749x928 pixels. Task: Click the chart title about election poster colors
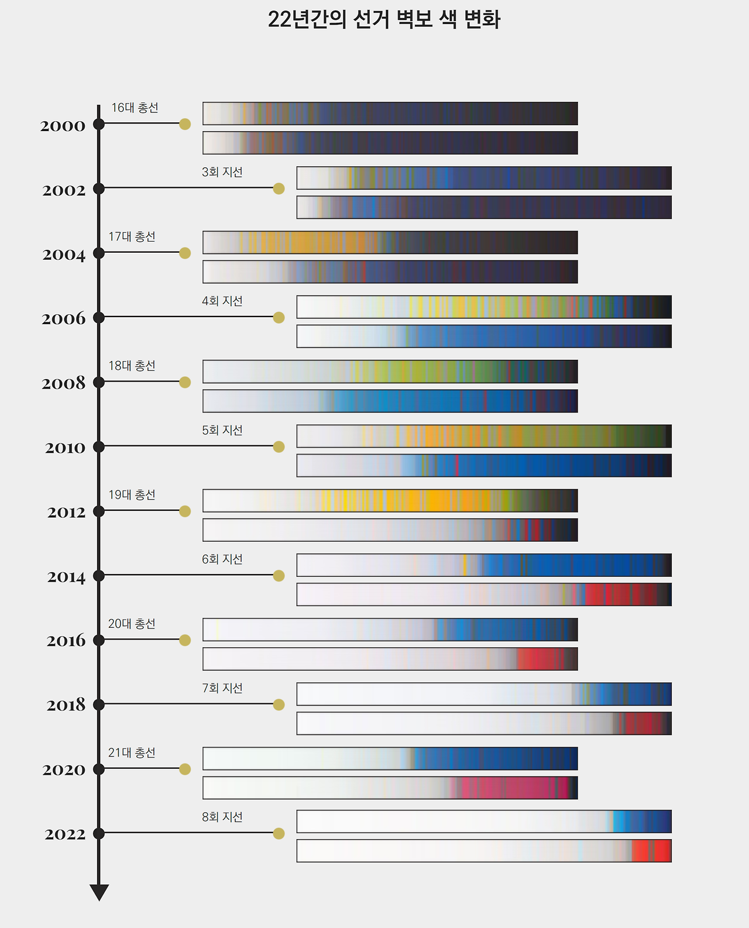click(384, 19)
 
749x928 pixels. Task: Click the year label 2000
click(63, 126)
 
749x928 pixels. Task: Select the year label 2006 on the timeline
click(63, 319)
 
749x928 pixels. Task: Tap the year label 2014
click(66, 577)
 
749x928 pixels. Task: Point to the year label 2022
click(65, 834)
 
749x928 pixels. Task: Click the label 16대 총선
click(135, 108)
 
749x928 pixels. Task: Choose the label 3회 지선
click(222, 172)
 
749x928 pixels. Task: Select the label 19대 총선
click(132, 494)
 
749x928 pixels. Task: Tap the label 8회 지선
click(222, 817)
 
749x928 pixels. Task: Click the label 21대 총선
click(132, 752)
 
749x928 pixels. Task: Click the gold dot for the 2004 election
click(185, 253)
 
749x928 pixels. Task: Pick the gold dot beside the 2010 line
click(279, 446)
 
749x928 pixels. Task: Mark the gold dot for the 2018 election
click(279, 704)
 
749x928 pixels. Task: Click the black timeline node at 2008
click(99, 382)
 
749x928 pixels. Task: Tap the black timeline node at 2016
click(99, 640)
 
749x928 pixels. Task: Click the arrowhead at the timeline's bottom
click(99, 892)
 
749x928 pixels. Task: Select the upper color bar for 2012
click(390, 501)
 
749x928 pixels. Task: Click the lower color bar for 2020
click(390, 788)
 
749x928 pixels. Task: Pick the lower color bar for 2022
click(484, 851)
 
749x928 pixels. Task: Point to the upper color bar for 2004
click(390, 242)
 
